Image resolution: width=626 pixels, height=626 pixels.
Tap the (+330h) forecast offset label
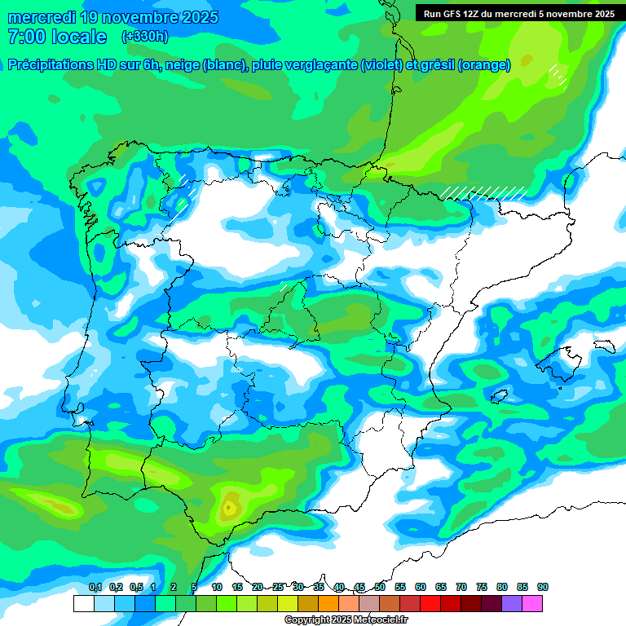coord(144,37)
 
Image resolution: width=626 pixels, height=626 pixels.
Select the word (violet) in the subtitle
coord(387,65)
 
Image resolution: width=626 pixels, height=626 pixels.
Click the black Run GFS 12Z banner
coord(519,13)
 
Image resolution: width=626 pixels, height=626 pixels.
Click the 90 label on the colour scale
coord(543,587)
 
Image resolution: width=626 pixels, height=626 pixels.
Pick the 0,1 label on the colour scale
coord(95,587)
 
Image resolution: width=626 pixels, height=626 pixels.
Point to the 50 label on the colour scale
coord(380,587)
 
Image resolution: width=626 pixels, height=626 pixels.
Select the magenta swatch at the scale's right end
coord(532,603)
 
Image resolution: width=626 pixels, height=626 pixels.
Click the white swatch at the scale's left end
coord(83,603)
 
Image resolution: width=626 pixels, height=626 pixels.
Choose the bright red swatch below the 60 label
coord(430,603)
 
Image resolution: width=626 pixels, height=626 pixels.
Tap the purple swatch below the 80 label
coord(512,603)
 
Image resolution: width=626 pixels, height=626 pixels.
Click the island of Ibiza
coord(500,397)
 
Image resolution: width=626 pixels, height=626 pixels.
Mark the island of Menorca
coord(604,346)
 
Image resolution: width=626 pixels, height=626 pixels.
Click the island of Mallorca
coord(562,359)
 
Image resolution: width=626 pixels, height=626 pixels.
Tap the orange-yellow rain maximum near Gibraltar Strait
coord(229,508)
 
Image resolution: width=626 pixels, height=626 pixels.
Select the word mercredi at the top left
coord(42,17)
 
